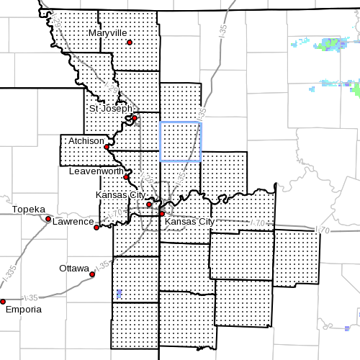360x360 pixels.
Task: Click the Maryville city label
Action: [107, 33]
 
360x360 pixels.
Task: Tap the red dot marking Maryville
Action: [130, 42]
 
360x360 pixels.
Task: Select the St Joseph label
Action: [110, 109]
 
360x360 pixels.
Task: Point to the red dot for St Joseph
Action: [135, 118]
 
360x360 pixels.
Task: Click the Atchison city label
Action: [87, 142]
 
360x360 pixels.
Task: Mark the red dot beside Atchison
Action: [107, 147]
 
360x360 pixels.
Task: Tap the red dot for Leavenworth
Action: [126, 176]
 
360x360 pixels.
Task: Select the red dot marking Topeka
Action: [48, 219]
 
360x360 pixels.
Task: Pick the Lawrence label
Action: [73, 221]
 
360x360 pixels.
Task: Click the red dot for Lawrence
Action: [96, 226]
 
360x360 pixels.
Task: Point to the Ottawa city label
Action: [74, 268]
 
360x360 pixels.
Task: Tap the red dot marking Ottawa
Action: [92, 274]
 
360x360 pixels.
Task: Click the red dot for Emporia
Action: [3, 302]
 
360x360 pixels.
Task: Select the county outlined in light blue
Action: [180, 141]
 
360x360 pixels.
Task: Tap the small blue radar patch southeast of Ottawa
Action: [119, 294]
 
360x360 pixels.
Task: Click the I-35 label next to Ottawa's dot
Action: [102, 266]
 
